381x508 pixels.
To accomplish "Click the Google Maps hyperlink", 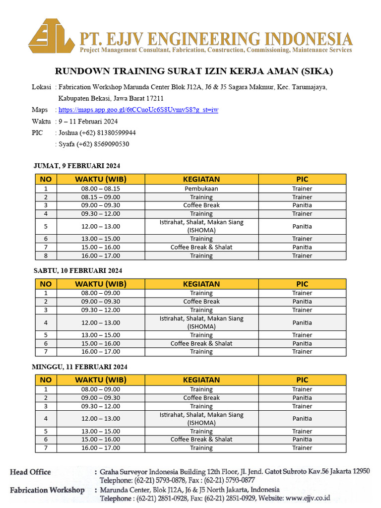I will tap(138, 110).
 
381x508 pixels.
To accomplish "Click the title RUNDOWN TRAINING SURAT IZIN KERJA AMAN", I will tap(194, 71).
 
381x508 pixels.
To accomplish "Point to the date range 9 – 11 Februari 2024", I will tap(88, 122).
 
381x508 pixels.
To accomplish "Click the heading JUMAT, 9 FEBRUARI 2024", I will tap(77, 166).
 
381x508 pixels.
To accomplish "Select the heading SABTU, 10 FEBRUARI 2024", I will tap(77, 270).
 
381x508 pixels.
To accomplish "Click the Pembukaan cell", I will tap(201, 189).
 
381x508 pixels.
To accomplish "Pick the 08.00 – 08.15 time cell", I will tap(101, 189).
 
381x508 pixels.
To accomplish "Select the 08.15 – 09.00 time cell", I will tap(101, 197).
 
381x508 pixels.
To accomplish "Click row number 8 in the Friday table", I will tap(46, 255).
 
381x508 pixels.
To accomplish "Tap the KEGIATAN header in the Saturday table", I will tap(201, 284).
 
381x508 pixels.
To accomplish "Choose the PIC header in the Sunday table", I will tap(302, 380).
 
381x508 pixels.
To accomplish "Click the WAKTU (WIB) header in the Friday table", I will tap(101, 179).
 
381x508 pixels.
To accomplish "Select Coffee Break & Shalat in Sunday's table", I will tap(201, 439).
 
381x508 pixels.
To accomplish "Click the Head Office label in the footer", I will tap(30, 472).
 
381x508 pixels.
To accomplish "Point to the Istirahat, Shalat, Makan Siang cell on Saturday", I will tap(201, 322).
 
